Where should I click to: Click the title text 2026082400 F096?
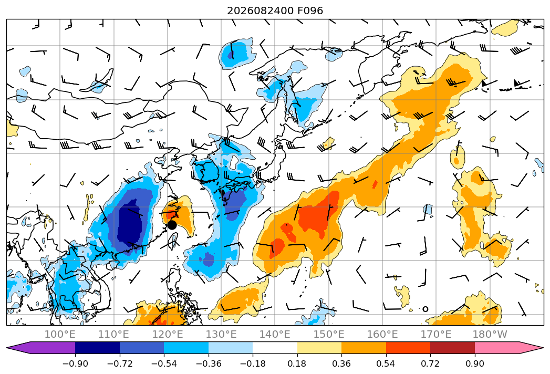click(x=275, y=11)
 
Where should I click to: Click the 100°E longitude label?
click(x=60, y=334)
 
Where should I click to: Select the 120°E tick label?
click(x=168, y=334)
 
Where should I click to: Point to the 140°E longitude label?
click(x=275, y=334)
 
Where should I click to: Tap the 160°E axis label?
click(x=382, y=334)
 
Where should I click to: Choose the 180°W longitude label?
click(x=490, y=334)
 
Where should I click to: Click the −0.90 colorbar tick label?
click(x=75, y=363)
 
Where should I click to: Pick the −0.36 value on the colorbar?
click(x=209, y=363)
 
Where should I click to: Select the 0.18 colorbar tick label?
click(x=297, y=363)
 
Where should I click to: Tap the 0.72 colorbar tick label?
click(x=430, y=363)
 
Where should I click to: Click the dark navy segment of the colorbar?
click(x=98, y=348)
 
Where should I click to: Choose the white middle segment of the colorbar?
click(x=275, y=348)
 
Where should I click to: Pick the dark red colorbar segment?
click(x=452, y=348)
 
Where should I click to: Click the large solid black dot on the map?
click(x=172, y=225)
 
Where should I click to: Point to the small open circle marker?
click(x=426, y=309)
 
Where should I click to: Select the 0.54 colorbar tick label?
click(x=386, y=363)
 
